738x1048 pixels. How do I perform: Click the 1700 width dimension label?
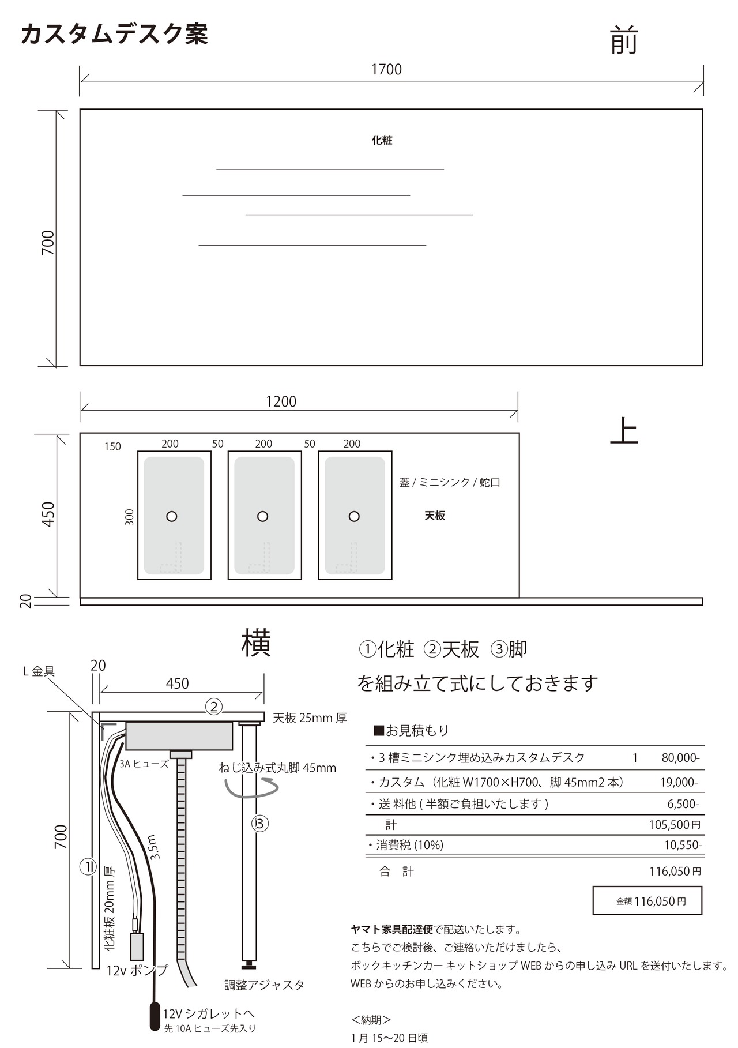coord(386,70)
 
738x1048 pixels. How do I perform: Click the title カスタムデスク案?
coord(114,34)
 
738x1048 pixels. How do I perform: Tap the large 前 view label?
coord(624,41)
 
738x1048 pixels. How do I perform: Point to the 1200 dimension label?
coord(281,401)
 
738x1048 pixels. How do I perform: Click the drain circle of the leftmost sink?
coord(171,516)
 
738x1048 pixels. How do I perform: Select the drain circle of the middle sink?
coord(262,516)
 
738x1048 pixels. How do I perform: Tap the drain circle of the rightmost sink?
coord(354,516)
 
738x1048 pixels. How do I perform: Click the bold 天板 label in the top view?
coord(435,516)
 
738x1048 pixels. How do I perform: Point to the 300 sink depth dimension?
coord(130,517)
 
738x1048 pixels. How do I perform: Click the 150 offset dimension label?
coord(112,447)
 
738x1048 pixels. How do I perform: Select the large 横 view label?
coord(256,643)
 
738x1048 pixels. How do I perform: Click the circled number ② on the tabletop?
coord(214,707)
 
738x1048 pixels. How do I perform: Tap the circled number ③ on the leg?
coord(260,824)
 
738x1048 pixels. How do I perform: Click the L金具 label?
coord(39,671)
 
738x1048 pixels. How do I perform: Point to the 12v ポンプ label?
coord(137,970)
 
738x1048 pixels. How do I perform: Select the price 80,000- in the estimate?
coord(681,758)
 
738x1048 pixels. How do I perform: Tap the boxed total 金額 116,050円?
coord(647,901)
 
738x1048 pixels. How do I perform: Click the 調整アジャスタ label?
coord(265,985)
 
